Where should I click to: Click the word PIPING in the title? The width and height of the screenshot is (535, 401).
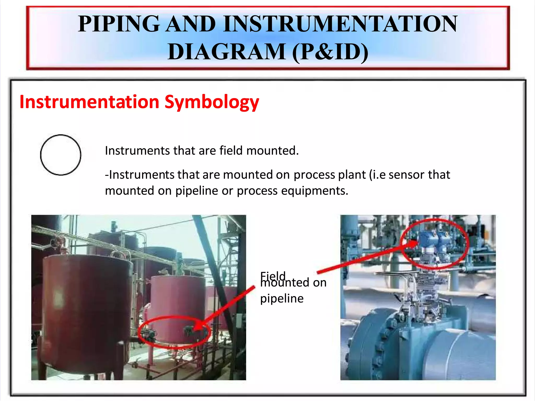click(x=119, y=24)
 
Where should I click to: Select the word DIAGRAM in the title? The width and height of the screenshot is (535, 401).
click(x=226, y=51)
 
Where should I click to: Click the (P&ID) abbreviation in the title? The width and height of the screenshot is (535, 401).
click(x=330, y=51)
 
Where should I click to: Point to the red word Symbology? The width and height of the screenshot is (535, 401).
click(x=212, y=102)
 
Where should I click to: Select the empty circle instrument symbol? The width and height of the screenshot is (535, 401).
click(x=61, y=155)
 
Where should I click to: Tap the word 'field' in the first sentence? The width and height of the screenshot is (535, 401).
click(x=231, y=151)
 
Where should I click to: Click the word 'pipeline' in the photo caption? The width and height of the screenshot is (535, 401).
click(x=282, y=298)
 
